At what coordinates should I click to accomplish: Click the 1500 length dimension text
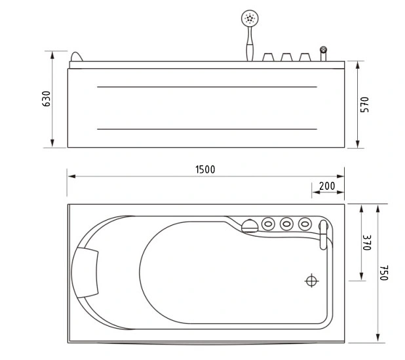tap(205, 170)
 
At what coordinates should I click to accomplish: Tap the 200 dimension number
tap(327, 186)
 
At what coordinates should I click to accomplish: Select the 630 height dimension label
tap(47, 99)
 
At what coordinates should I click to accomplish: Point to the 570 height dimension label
tap(364, 105)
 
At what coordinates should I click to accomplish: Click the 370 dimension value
tap(367, 243)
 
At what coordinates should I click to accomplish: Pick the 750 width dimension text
tap(384, 273)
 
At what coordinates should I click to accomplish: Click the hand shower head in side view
tap(250, 18)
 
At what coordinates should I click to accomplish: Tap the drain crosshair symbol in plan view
tap(311, 281)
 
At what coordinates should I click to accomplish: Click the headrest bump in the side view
tap(77, 57)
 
